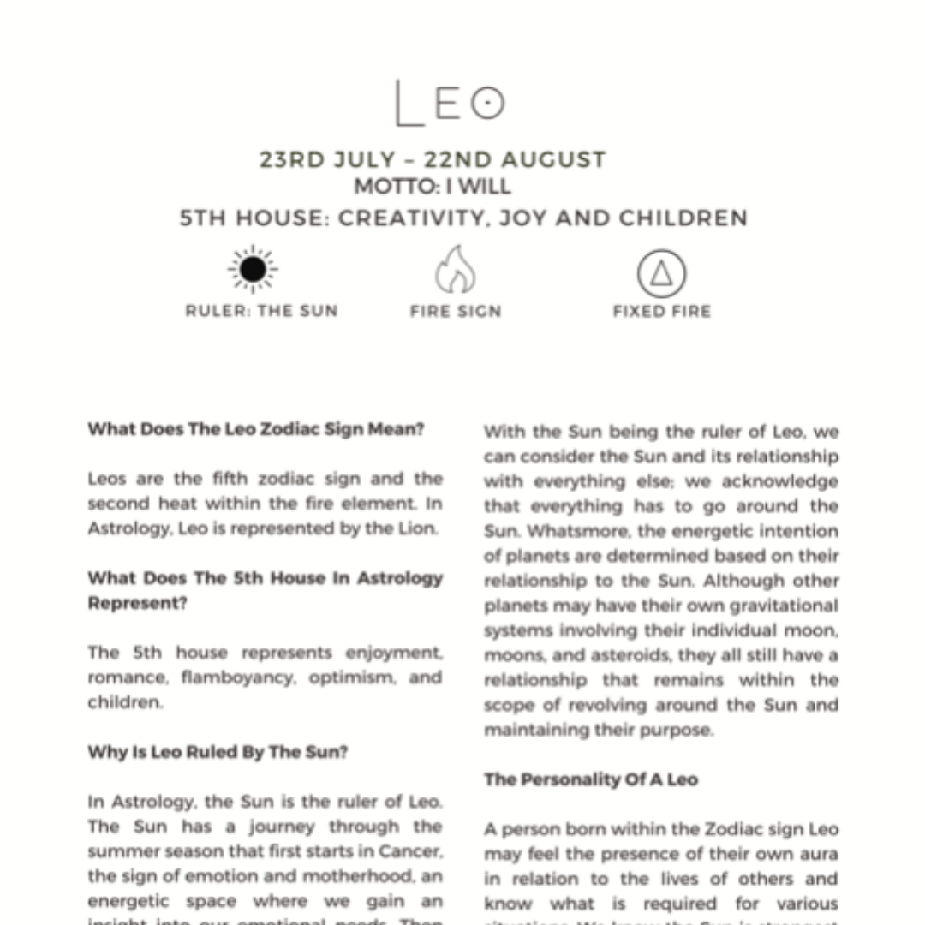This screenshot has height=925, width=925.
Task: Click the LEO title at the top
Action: pyautogui.click(x=450, y=104)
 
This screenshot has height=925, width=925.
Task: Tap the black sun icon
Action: pyautogui.click(x=253, y=270)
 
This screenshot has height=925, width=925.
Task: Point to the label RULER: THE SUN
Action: pyautogui.click(x=261, y=311)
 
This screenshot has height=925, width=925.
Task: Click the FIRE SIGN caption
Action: pyautogui.click(x=455, y=311)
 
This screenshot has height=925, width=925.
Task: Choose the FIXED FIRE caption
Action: pyautogui.click(x=661, y=311)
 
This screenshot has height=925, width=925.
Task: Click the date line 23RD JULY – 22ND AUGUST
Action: pyautogui.click(x=433, y=160)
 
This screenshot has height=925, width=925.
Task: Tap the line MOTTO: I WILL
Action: pyautogui.click(x=433, y=187)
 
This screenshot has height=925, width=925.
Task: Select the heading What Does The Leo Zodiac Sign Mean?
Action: pyautogui.click(x=255, y=429)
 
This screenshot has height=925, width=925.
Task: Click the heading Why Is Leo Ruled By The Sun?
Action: pyautogui.click(x=218, y=753)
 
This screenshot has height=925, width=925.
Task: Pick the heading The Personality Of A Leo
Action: pyautogui.click(x=590, y=779)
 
